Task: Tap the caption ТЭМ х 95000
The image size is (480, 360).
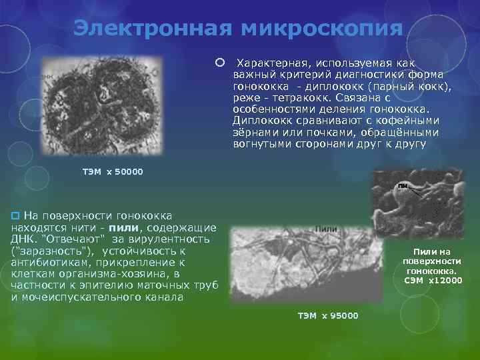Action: [327, 315]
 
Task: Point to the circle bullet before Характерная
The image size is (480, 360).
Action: [219, 62]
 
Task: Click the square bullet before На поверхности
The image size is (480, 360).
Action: [17, 216]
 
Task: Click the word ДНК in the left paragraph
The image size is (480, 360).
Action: [23, 239]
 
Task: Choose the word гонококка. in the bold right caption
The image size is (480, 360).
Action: [431, 271]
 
